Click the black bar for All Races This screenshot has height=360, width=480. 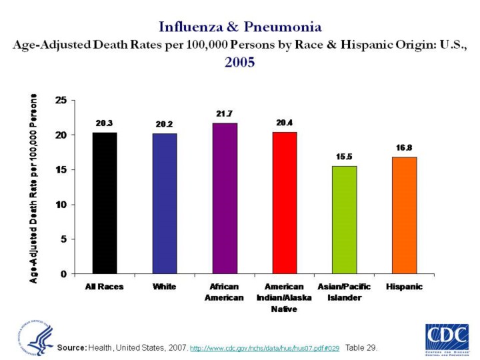[x=105, y=203]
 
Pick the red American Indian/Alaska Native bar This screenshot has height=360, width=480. [x=285, y=203]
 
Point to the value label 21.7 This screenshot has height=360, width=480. [x=225, y=114]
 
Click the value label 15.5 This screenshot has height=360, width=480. [x=345, y=156]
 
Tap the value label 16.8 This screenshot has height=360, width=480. [x=404, y=147]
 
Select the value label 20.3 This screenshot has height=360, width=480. [x=105, y=123]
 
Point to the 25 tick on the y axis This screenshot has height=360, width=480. [x=61, y=101]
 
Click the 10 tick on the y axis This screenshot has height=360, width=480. [x=61, y=204]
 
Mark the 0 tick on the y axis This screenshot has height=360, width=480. [x=63, y=273]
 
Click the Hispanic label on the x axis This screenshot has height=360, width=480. [x=404, y=287]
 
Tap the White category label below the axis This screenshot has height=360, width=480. [x=165, y=287]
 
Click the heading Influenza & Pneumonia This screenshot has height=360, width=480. [x=240, y=27]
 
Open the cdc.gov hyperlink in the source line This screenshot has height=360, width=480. [x=265, y=348]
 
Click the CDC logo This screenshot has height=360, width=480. [x=446, y=337]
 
